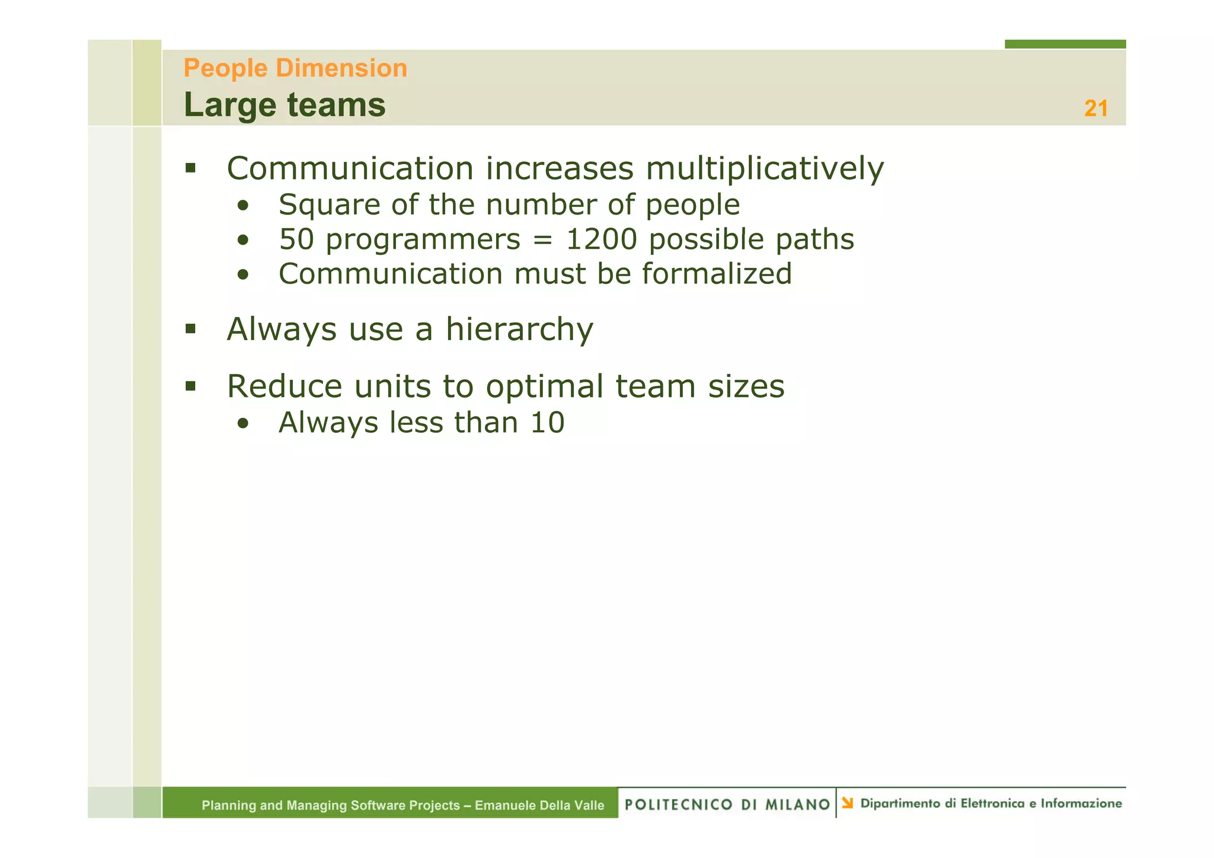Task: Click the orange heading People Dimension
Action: [295, 68]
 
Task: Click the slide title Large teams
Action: [285, 105]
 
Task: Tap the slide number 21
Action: [1095, 108]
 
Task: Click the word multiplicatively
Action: [764, 168]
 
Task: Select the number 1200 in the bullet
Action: [601, 240]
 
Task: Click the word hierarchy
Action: [519, 329]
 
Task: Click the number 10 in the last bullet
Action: [547, 423]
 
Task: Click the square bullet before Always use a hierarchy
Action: [190, 329]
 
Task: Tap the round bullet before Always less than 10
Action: [242, 424]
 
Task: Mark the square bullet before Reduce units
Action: [190, 386]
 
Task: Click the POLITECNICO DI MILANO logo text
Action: [727, 805]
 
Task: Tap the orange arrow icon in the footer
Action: [848, 803]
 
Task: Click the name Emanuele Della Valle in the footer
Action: [539, 805]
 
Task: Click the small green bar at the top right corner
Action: [1065, 44]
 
